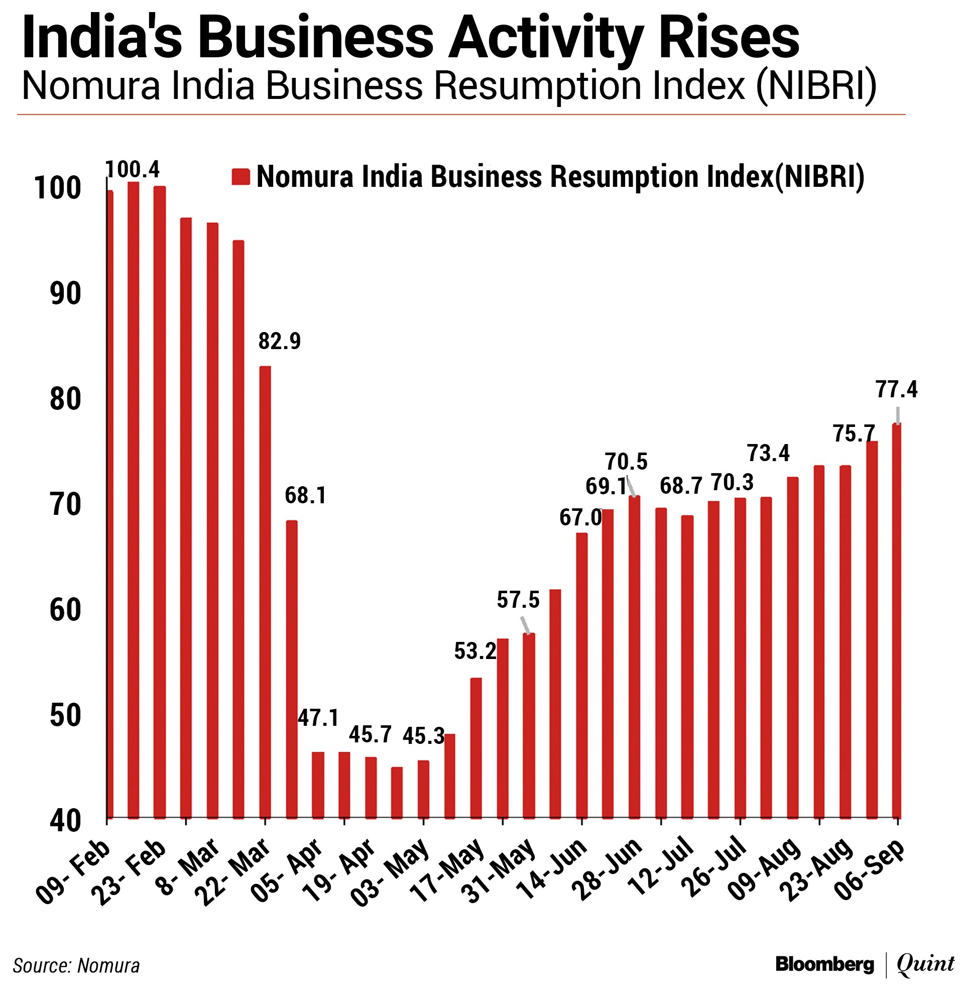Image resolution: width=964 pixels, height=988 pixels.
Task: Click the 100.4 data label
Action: pos(133,169)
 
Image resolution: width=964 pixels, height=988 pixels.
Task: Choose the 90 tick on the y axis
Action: pos(66,294)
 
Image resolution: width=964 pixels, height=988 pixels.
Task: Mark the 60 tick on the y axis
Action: pos(66,610)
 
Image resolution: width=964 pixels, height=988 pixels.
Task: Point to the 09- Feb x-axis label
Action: pos(74,872)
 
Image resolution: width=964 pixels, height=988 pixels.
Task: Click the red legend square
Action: pos(240,177)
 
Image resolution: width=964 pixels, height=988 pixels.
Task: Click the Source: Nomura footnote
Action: pos(76,965)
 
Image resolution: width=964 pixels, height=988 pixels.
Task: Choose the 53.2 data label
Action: pos(474,651)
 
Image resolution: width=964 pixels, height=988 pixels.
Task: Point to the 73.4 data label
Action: pos(768,453)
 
